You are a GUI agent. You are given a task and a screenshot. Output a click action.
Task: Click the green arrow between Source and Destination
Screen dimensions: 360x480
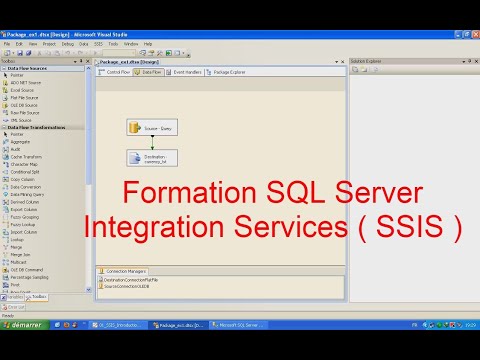(x=138, y=142)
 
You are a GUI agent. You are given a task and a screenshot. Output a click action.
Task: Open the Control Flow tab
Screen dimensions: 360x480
(x=117, y=72)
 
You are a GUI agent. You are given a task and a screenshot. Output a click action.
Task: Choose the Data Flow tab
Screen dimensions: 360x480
(x=151, y=72)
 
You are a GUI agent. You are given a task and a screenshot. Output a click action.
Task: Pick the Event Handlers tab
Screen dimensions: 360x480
(x=186, y=72)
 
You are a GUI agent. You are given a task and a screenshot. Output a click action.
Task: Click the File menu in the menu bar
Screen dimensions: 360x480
(x=7, y=44)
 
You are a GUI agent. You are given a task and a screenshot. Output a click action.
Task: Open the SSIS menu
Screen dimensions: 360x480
(x=96, y=44)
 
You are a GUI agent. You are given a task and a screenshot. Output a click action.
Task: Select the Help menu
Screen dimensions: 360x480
(x=148, y=44)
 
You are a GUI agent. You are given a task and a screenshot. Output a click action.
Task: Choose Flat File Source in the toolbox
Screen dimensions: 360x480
(x=24, y=97)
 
